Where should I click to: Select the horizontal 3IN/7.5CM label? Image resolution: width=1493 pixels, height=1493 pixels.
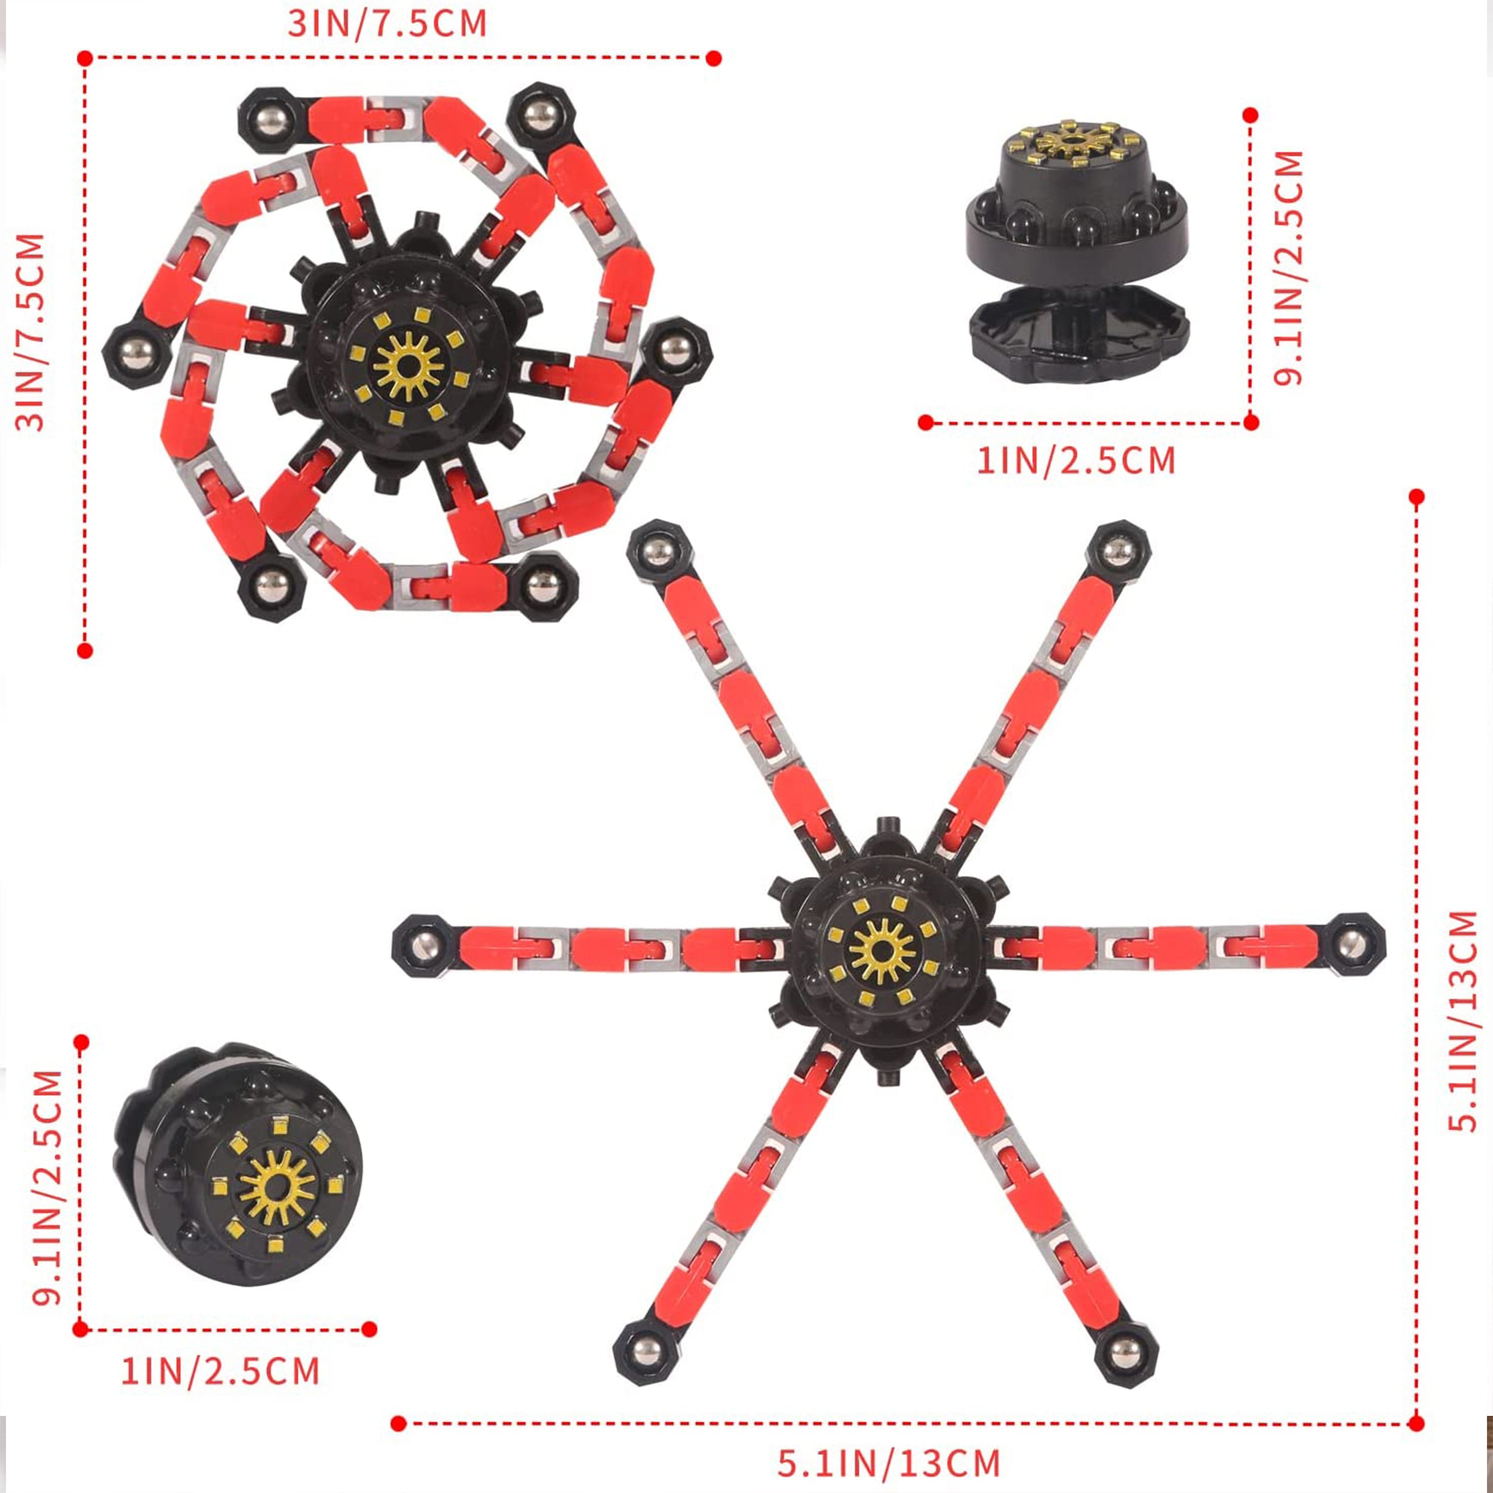387,23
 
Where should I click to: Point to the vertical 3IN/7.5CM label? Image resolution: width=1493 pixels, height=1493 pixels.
30,331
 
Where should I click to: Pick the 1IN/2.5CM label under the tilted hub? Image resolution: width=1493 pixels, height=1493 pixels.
220,1371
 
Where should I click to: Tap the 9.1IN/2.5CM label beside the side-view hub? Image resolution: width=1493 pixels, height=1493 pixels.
1288,268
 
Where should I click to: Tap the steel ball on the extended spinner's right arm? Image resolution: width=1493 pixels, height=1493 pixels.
1352,944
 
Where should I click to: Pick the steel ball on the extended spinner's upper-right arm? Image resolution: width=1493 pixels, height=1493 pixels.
1117,552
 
